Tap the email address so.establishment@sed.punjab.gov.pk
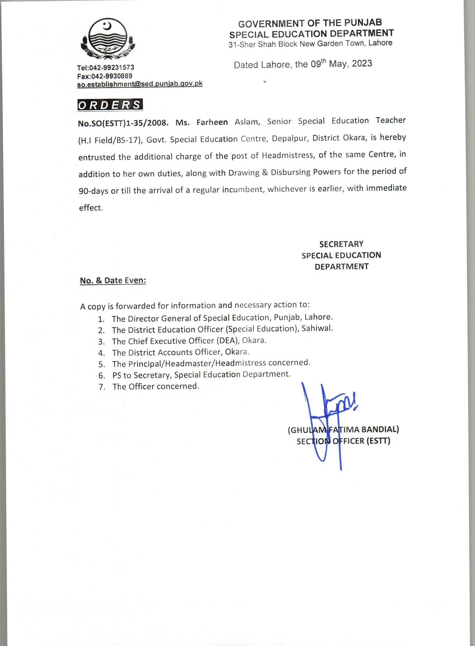140,84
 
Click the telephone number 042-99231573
111,68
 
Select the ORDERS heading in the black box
110,105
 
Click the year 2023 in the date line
362,63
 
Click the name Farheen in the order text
212,122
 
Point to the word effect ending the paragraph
91,208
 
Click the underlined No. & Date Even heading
113,280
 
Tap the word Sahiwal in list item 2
317,328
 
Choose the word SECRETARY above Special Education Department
341,244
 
